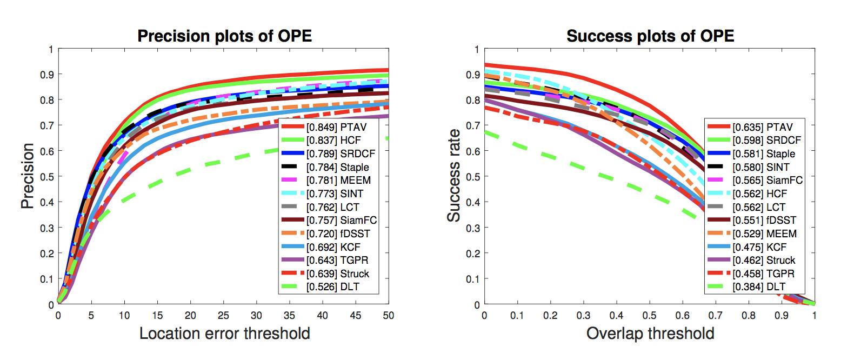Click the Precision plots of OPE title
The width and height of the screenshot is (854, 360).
pos(224,36)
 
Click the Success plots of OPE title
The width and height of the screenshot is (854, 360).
pos(650,36)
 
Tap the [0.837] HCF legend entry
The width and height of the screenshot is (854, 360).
pos(335,141)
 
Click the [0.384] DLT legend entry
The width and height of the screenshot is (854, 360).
pos(759,287)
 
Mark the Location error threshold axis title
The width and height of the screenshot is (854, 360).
pos(224,333)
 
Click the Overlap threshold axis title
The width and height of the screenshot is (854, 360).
pos(650,333)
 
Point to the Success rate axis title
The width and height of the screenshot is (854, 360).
pos(454,176)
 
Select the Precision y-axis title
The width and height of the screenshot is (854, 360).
pos(28,176)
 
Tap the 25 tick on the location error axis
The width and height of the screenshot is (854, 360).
pos(223,315)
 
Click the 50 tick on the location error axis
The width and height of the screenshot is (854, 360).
pos(388,315)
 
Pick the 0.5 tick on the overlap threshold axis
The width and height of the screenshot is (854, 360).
pos(649,315)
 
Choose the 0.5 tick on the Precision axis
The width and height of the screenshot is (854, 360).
pos(48,177)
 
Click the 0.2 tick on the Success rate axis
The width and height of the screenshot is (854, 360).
pos(473,254)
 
